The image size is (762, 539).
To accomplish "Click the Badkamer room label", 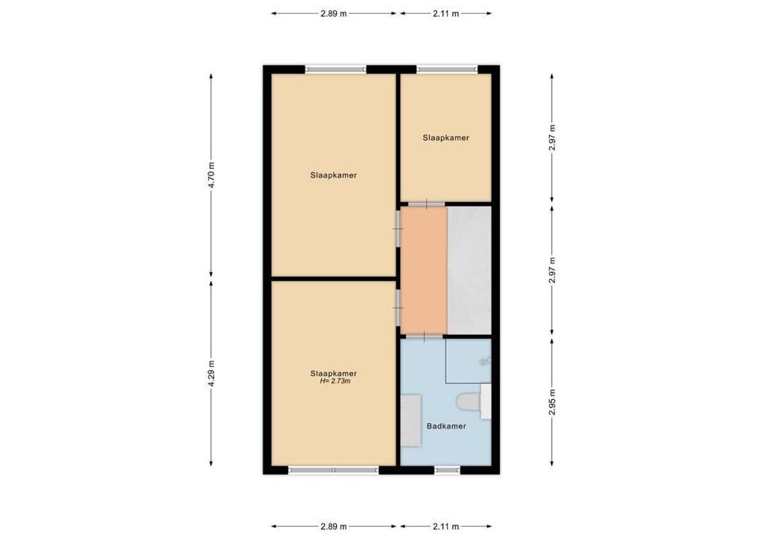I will coord(446,426).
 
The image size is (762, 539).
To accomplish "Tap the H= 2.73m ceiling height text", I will coord(335,381).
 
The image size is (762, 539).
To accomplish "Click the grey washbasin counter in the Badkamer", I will coord(411,421).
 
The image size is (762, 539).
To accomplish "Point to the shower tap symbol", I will coord(485,362).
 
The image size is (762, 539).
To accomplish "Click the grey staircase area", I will coord(469,270).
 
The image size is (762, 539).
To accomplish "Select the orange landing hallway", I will coord(424,270).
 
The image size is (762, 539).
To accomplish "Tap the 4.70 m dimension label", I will coord(212,174).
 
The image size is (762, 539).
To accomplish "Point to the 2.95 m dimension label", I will coord(552,402).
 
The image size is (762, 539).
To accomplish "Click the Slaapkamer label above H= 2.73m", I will coord(334,373).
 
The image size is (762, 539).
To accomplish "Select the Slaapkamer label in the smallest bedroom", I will coord(446,137).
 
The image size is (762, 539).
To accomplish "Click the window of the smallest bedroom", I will coord(447,69).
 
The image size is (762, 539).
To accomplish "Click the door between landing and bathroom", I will coord(424,336).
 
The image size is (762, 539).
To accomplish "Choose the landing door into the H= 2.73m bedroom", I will coord(398,307).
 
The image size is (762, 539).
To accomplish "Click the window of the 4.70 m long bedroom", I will coord(336,69).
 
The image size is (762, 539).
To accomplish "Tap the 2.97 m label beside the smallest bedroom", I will coord(552,137).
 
